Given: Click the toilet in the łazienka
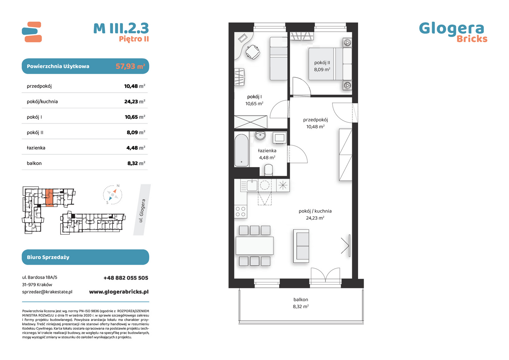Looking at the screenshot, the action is tap(268, 170).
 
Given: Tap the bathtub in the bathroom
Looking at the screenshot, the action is tap(241, 150).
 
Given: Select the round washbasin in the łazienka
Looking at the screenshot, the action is tap(260, 136).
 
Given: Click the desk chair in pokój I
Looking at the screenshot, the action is tap(253, 52).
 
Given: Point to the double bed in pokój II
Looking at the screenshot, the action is tap(330, 64).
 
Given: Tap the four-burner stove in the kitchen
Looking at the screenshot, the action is tap(241, 211).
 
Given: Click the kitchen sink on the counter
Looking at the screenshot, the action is tap(252, 185).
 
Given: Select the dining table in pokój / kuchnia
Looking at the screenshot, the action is tap(254, 246).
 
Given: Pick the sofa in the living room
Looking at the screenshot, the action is tap(301, 246).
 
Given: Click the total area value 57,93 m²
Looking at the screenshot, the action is tap(130, 66).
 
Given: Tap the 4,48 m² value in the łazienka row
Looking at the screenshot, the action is tap(136, 148).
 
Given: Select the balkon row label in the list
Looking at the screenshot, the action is tap(34, 163).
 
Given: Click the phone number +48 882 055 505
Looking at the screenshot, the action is tap(126, 278).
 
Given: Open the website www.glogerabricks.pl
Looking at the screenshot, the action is tap(119, 292).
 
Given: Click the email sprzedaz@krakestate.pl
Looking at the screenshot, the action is tap(47, 292).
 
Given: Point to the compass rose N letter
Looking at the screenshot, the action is tap(118, 186).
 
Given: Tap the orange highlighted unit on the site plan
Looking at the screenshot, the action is tap(49, 197).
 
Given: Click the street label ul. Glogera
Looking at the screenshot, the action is tap(142, 211).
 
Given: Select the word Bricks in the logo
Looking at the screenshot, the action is tap(472, 39).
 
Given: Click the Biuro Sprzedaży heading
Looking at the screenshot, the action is tap(48, 257).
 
